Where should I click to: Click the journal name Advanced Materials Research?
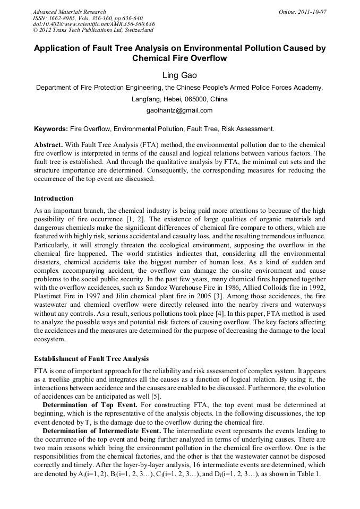(x=70, y=12)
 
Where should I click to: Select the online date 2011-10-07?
(x=312, y=12)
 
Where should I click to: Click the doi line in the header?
(x=93, y=24)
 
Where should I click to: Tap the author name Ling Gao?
(x=179, y=75)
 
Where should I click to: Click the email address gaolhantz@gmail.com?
(x=179, y=110)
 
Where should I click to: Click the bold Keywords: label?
(x=51, y=128)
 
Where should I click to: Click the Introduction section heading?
(x=54, y=199)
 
